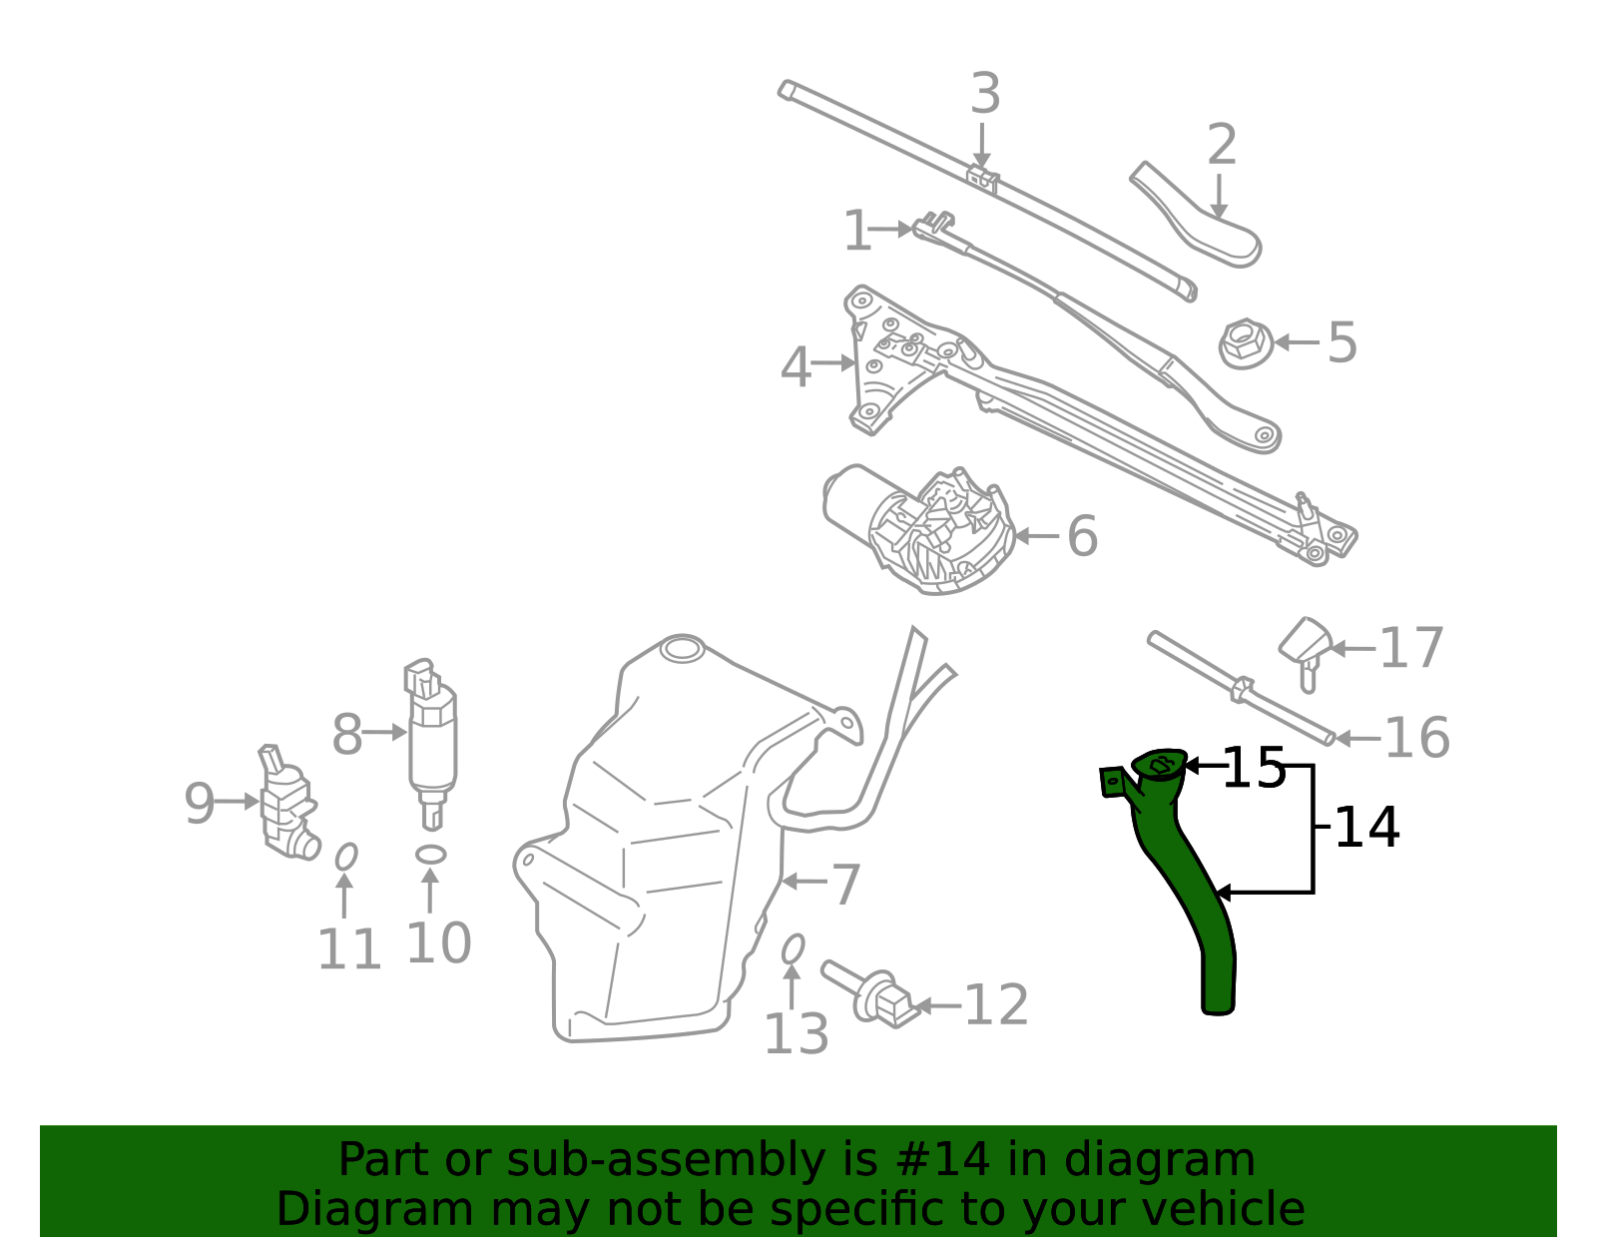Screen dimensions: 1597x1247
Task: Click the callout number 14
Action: tap(1367, 828)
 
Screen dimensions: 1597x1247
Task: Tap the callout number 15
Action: tap(1254, 768)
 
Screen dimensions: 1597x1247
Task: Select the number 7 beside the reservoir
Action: tap(845, 886)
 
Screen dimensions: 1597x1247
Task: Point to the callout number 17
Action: tap(1411, 648)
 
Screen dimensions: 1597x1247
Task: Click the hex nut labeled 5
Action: tap(1246, 343)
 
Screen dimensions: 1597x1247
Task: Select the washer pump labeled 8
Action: tap(431, 744)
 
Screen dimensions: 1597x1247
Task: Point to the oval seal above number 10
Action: tap(430, 855)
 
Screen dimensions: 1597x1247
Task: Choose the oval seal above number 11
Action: tap(346, 857)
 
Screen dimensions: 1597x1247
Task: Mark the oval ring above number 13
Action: tap(793, 949)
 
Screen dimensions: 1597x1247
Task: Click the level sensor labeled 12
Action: tap(871, 995)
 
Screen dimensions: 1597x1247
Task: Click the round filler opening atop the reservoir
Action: tap(682, 650)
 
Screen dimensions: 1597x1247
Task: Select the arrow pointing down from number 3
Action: tap(982, 146)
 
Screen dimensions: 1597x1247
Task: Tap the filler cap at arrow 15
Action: tap(1159, 764)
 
